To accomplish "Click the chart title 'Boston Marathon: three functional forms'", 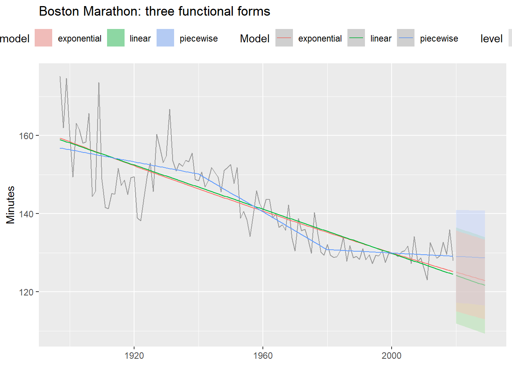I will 154,11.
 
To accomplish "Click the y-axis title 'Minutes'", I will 10,205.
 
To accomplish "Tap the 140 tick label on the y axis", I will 26,214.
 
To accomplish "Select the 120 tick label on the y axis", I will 26,292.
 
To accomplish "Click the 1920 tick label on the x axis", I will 134,356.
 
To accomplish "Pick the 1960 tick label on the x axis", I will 263,356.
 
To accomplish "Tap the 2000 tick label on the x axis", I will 391,356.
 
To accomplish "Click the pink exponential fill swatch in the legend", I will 43,38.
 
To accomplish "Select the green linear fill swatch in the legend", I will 116,38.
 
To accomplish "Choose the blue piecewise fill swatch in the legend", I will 165,38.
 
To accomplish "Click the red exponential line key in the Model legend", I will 284,38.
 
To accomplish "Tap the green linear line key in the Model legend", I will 356,38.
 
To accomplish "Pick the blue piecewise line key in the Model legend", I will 406,38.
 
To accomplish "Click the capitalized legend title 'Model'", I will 254,39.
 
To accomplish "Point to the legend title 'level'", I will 491,39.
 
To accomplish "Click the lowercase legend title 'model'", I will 14,39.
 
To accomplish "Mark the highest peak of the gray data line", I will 60,77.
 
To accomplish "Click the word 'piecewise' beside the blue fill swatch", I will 198,39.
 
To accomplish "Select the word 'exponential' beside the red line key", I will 320,39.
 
